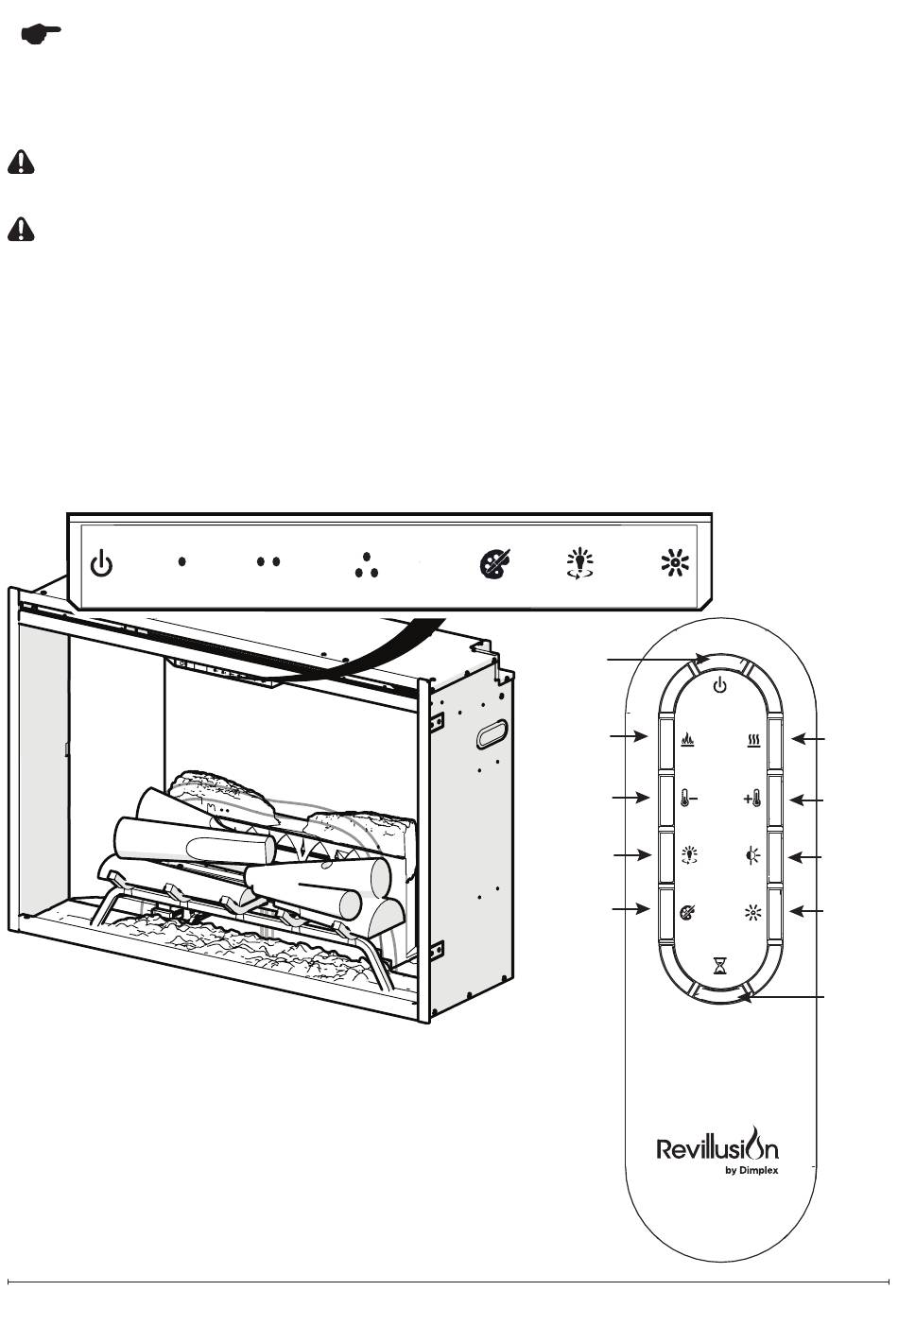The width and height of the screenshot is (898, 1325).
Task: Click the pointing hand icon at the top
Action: [x=41, y=34]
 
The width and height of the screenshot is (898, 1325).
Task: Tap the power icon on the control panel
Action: [x=101, y=562]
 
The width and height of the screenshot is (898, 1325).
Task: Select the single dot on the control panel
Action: [x=182, y=561]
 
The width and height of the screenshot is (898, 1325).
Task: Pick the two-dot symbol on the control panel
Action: [x=268, y=561]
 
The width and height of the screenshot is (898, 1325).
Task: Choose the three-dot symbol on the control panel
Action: [x=367, y=565]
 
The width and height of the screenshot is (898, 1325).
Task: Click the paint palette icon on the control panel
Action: [x=495, y=563]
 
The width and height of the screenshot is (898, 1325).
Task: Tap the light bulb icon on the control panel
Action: [x=579, y=563]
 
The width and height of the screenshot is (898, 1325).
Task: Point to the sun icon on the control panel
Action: [x=675, y=562]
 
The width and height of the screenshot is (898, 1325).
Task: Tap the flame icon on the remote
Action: [x=687, y=740]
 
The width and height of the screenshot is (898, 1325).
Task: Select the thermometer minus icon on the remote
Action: [x=688, y=800]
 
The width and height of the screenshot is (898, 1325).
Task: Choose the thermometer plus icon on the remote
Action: [x=751, y=800]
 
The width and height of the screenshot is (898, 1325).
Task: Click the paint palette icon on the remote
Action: [x=687, y=912]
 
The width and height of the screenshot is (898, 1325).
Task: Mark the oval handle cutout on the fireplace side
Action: [x=493, y=734]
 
